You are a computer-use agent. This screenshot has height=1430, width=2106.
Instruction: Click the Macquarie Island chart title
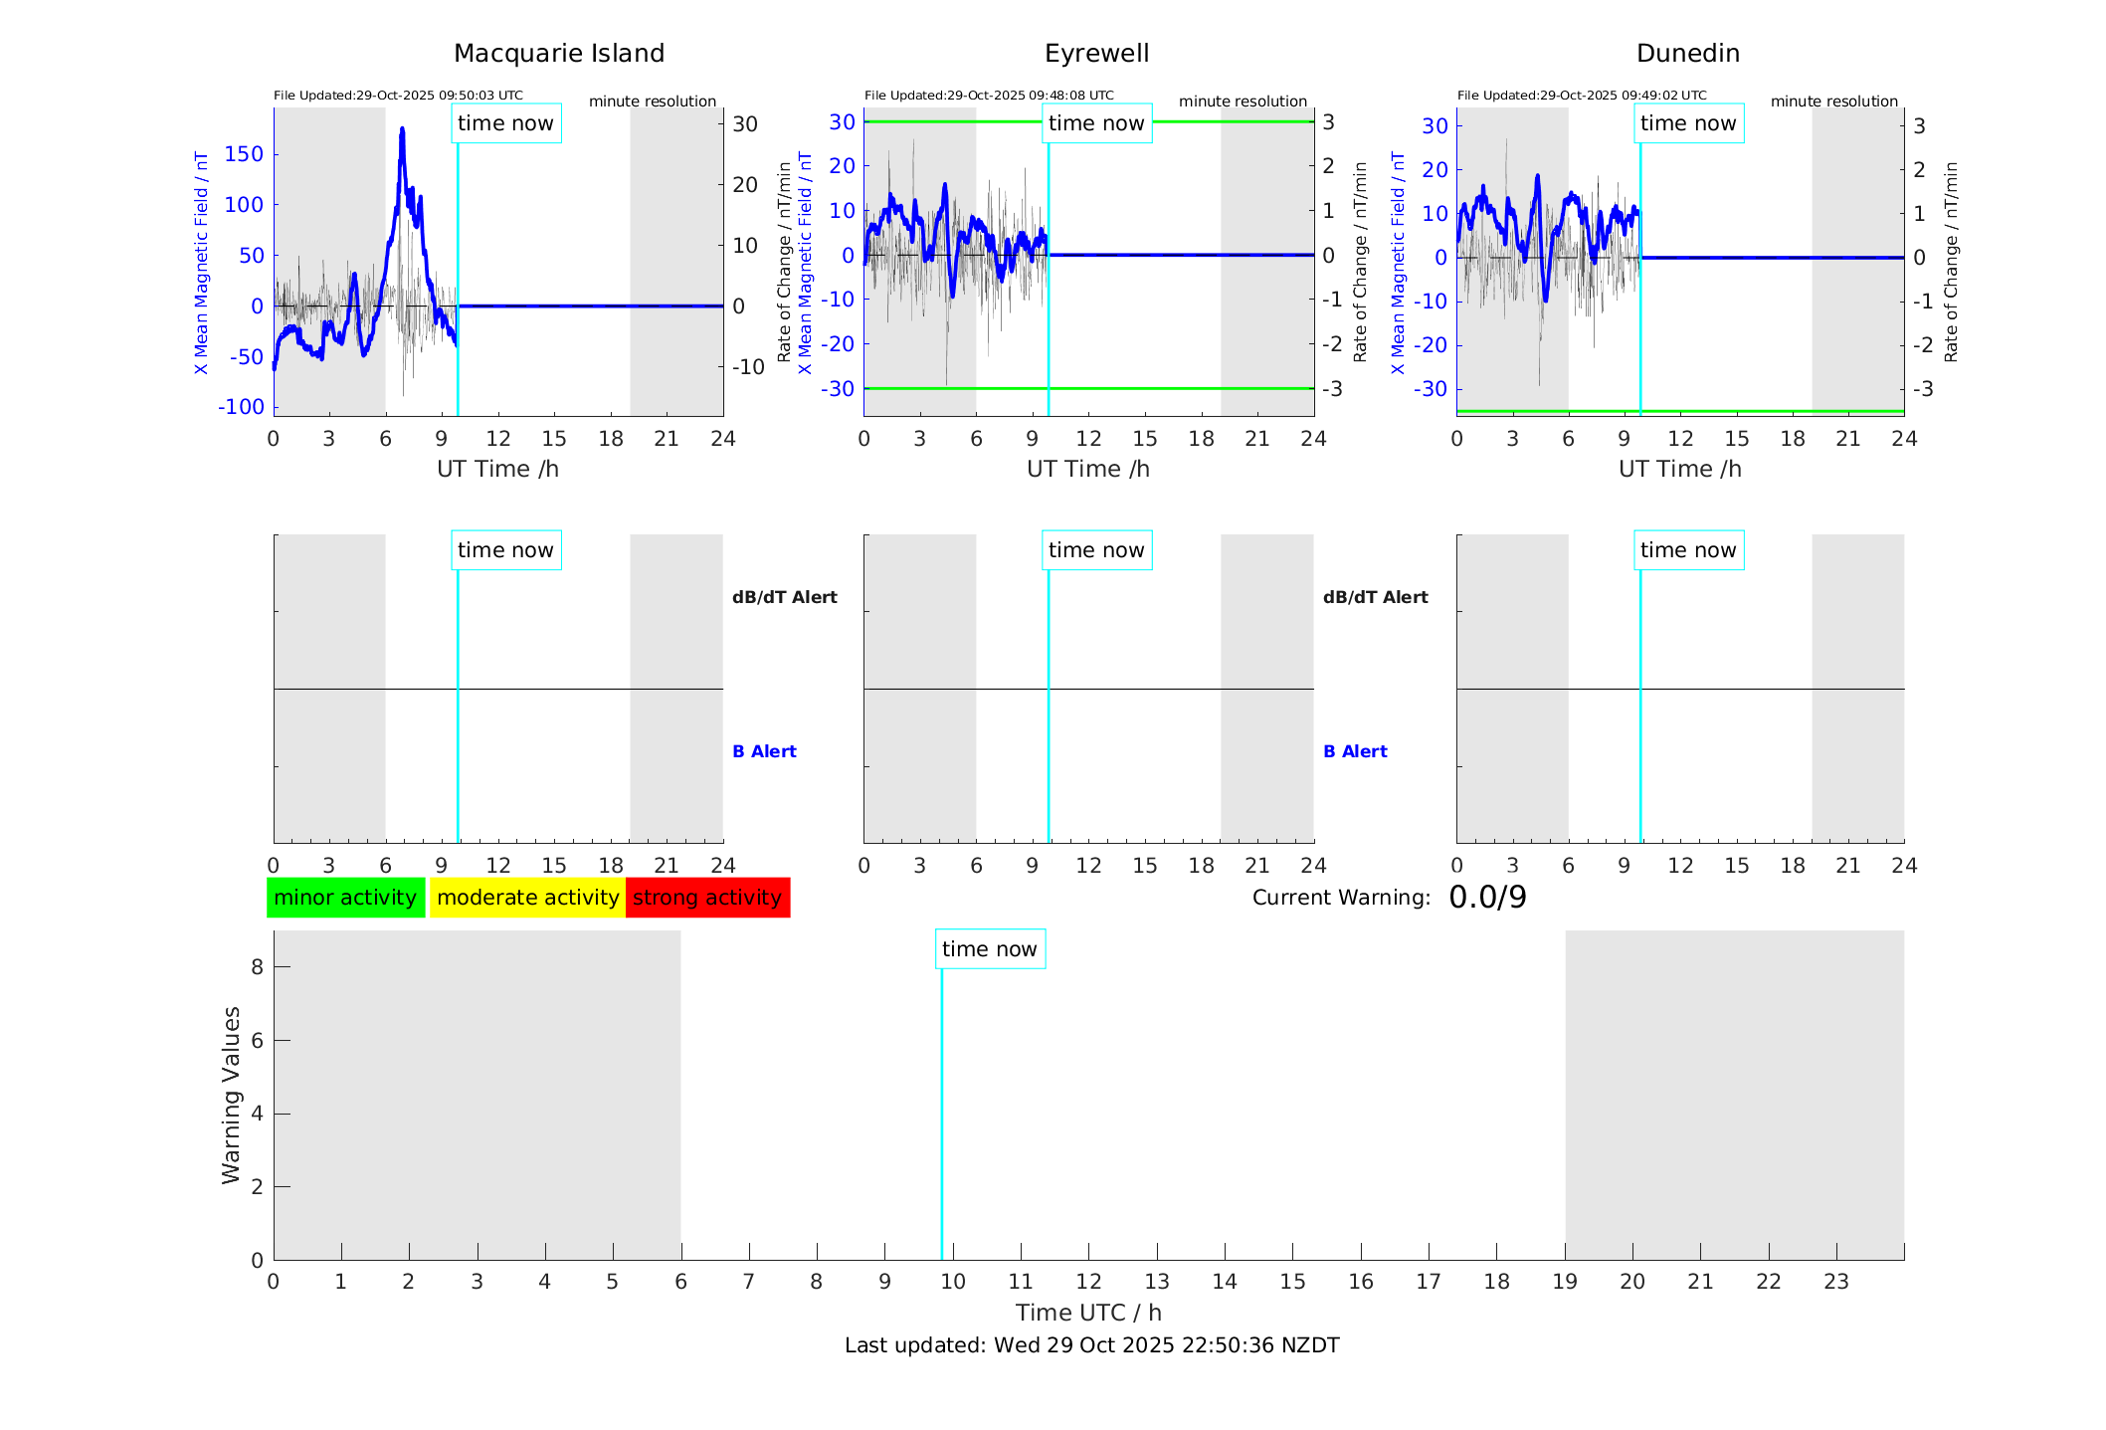(558, 54)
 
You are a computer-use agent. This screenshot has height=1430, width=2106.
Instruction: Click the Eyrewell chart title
(1096, 54)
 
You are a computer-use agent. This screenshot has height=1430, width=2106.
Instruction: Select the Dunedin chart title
(1687, 54)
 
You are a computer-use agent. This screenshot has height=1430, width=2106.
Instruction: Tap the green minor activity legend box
(345, 898)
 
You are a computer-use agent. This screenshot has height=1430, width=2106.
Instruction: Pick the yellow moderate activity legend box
(527, 898)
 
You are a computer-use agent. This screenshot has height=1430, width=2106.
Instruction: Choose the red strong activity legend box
(707, 898)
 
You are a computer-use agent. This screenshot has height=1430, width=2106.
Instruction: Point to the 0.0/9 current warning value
(1487, 898)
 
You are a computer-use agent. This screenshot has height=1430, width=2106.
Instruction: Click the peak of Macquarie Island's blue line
(402, 128)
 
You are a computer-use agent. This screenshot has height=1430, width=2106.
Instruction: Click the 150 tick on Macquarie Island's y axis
(244, 154)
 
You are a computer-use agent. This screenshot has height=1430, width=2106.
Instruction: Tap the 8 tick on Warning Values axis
(257, 966)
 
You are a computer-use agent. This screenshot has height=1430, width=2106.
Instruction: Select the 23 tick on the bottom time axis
(1836, 1282)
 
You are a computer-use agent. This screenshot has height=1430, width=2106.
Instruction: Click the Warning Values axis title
(231, 1095)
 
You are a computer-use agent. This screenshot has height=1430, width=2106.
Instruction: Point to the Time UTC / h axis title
(1088, 1313)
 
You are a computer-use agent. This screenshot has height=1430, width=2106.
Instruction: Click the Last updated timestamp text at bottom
(1091, 1345)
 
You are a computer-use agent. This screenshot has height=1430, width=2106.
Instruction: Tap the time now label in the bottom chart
(989, 949)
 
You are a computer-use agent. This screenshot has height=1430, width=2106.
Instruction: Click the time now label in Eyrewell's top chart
(1096, 123)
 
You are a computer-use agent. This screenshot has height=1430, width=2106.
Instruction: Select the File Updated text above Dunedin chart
(1582, 96)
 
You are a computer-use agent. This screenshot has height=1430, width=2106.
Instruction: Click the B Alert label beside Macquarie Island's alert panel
(764, 751)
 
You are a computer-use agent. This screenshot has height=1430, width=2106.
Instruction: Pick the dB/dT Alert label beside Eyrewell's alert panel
(1375, 597)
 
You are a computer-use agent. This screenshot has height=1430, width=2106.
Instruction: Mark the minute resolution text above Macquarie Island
(653, 102)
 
